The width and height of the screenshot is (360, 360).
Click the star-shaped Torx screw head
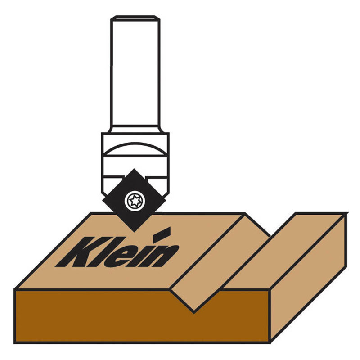(x=135, y=201)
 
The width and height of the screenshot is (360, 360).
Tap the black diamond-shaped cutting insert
(x=134, y=200)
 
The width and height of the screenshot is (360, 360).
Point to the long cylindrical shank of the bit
(x=135, y=72)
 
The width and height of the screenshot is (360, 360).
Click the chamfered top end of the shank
(x=135, y=18)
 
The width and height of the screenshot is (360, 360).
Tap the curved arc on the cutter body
(x=135, y=147)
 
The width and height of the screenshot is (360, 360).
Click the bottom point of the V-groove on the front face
(x=194, y=312)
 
